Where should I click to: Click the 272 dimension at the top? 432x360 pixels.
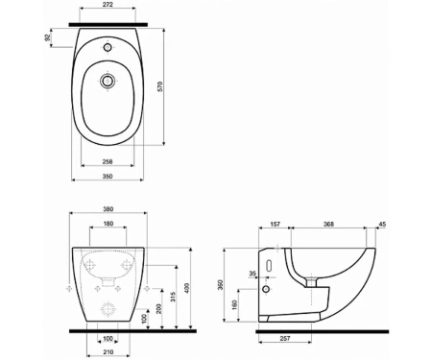coord(108,5)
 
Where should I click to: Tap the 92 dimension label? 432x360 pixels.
coord(48,37)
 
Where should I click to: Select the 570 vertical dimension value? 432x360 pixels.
coord(160,86)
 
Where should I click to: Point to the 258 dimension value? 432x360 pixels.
coord(108,161)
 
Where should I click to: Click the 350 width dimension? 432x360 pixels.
coord(108,176)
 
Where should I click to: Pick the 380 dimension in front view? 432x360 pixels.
coord(108,209)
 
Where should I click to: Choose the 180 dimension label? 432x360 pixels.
coord(108,224)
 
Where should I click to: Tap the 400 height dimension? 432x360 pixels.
coord(187,288)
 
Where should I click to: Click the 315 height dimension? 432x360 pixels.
coord(173,297)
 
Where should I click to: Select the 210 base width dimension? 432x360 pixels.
coord(108,352)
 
